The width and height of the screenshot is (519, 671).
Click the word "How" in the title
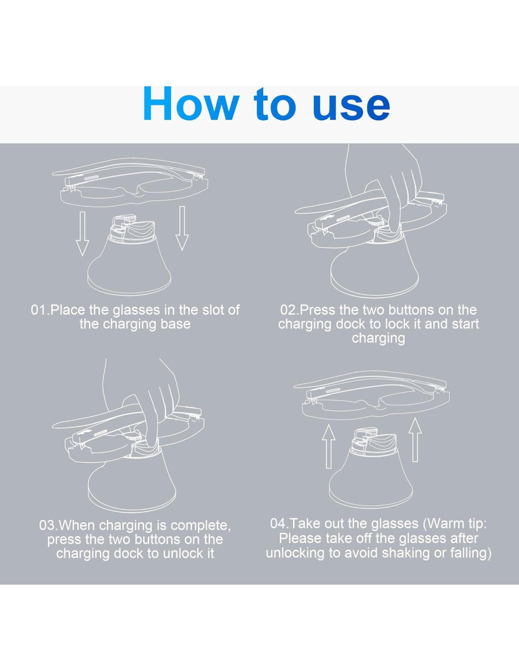191,103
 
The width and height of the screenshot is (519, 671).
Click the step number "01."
40,310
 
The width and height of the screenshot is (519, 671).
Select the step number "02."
290,310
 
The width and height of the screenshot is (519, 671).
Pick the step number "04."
280,524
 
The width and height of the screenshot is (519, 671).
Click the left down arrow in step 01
82,234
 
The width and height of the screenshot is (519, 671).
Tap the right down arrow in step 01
182,228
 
